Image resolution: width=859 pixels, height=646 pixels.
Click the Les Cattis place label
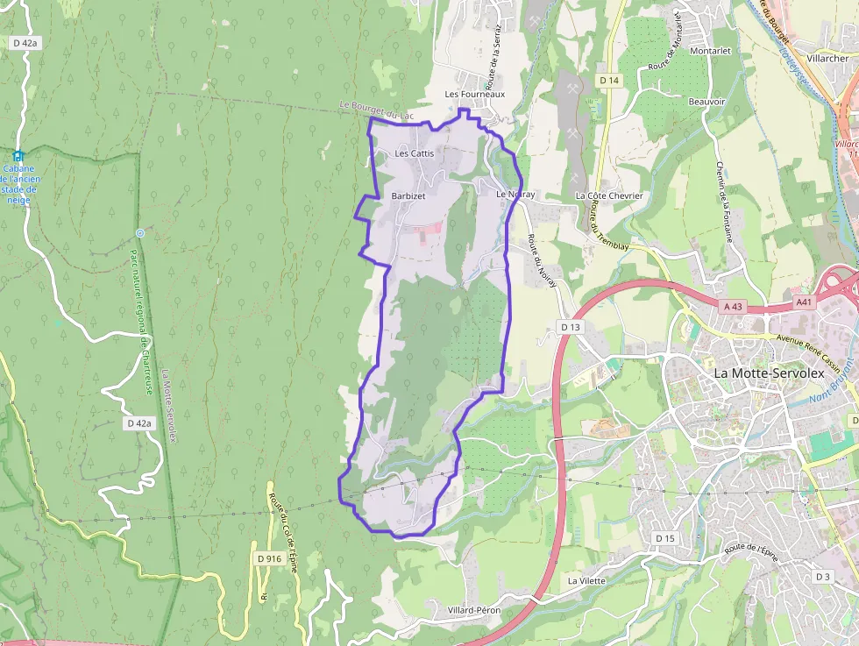tap(414, 153)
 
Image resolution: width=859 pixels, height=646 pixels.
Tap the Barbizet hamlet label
tap(408, 196)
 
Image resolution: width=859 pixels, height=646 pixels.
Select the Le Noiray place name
tap(515, 194)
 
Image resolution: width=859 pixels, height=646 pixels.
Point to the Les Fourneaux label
tap(475, 94)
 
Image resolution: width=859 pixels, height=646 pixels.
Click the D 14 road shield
tap(609, 80)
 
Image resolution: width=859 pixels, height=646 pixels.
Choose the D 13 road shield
tap(571, 327)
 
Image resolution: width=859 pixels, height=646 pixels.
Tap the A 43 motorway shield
tap(733, 306)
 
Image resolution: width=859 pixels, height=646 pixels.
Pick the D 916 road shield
tap(269, 558)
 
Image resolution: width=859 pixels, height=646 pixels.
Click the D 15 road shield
tap(665, 537)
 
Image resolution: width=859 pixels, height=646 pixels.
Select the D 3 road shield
tap(822, 576)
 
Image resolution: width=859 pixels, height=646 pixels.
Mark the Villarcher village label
tap(827, 58)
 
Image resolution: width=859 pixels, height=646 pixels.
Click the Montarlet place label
tap(710, 51)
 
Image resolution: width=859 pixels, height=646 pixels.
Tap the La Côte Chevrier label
tap(609, 195)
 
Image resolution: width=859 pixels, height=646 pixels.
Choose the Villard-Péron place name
tap(472, 609)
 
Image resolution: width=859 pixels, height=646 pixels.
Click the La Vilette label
tap(586, 580)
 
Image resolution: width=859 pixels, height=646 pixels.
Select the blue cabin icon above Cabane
tap(18, 156)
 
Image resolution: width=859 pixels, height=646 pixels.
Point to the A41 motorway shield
tap(805, 301)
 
